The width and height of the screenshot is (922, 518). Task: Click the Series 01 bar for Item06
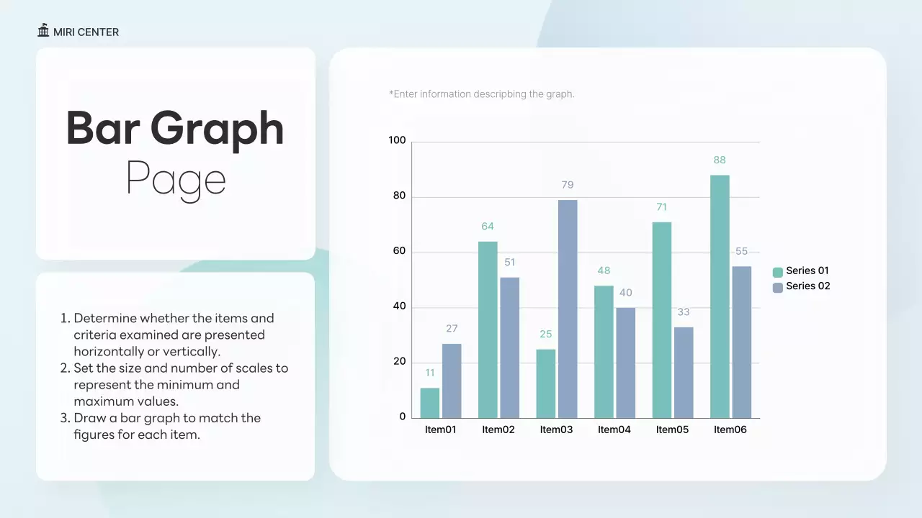720,296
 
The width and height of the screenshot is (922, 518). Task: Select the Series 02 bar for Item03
568,309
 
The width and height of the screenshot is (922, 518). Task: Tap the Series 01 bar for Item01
430,403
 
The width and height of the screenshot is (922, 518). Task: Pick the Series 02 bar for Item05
684,372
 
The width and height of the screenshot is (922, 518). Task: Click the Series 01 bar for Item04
604,351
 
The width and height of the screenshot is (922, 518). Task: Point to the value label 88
720,160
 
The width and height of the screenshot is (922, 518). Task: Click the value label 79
568,185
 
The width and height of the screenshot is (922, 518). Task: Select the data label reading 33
684,312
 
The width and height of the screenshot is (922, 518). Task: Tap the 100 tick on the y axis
398,140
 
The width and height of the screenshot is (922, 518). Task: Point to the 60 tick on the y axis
398,251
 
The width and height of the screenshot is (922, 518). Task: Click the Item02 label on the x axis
498,430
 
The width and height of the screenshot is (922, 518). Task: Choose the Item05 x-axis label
672,430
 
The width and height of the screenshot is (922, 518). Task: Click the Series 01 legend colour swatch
778,272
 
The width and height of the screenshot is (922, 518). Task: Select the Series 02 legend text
807,286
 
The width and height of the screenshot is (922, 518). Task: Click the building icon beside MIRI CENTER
44,31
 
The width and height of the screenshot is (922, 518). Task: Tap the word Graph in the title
217,129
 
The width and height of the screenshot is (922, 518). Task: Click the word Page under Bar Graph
176,178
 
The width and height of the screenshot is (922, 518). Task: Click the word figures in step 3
93,435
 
